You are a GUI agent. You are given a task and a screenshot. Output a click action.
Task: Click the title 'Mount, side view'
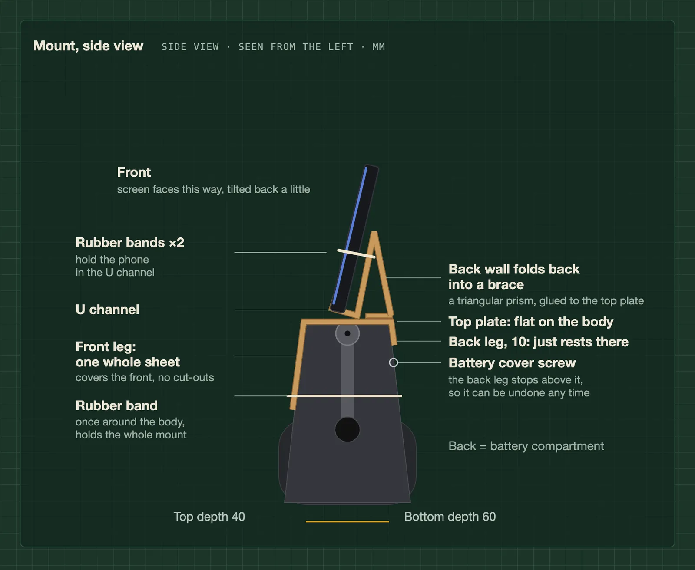pyautogui.click(x=88, y=46)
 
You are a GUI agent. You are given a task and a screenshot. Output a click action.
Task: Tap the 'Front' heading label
pyautogui.click(x=134, y=172)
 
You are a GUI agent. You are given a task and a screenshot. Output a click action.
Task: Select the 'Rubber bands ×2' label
pyautogui.click(x=130, y=243)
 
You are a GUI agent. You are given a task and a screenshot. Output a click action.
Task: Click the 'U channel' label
pyautogui.click(x=107, y=310)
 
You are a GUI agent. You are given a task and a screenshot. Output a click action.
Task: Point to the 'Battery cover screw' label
pyautogui.click(x=512, y=363)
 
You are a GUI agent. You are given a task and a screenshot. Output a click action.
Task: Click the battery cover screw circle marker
pyautogui.click(x=394, y=362)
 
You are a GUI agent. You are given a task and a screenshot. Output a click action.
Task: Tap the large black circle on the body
pyautogui.click(x=347, y=429)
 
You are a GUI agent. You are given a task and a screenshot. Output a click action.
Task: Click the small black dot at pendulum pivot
pyautogui.click(x=347, y=333)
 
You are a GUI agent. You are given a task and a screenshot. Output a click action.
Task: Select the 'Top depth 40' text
pyautogui.click(x=209, y=517)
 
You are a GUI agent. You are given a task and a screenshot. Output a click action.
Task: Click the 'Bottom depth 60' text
pyautogui.click(x=450, y=517)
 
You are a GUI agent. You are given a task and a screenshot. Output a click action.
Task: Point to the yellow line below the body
pyautogui.click(x=347, y=521)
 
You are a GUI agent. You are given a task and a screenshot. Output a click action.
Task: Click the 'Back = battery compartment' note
pyautogui.click(x=526, y=446)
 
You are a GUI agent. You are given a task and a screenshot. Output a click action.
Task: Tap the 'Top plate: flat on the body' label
pyautogui.click(x=531, y=322)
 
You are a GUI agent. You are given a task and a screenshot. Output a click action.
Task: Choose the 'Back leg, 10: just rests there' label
pyautogui.click(x=539, y=342)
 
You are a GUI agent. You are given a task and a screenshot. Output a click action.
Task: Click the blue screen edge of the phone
pyautogui.click(x=350, y=236)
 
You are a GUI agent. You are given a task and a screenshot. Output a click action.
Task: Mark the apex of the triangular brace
pyautogui.click(x=374, y=232)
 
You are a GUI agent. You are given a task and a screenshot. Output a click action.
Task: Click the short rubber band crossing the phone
pyautogui.click(x=356, y=254)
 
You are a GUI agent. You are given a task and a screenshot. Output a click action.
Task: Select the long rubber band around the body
pyautogui.click(x=344, y=396)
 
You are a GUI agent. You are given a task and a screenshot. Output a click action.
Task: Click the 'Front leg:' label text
pyautogui.click(x=106, y=347)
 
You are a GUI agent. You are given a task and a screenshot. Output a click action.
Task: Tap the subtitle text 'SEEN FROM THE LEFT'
pyautogui.click(x=296, y=47)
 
